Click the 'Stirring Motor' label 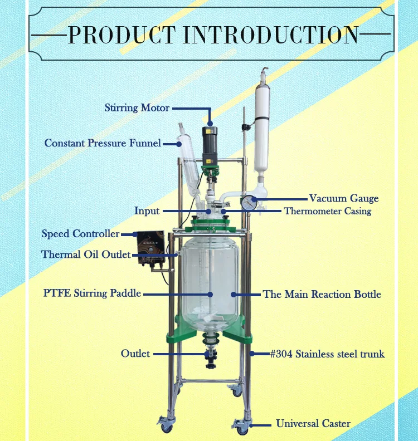pyautogui.click(x=137, y=107)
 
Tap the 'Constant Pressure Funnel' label pyautogui.click(x=103, y=143)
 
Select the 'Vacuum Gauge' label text pyautogui.click(x=344, y=198)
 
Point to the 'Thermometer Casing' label pyautogui.click(x=327, y=211)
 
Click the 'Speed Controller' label pyautogui.click(x=80, y=234)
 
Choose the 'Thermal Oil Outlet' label pyautogui.click(x=86, y=254)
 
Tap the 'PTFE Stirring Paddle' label pyautogui.click(x=92, y=293)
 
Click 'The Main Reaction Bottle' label pyautogui.click(x=322, y=294)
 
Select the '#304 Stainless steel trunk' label pyautogui.click(x=327, y=354)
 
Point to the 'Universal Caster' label pyautogui.click(x=313, y=424)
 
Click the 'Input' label pyautogui.click(x=147, y=211)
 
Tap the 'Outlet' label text pyautogui.click(x=135, y=354)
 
